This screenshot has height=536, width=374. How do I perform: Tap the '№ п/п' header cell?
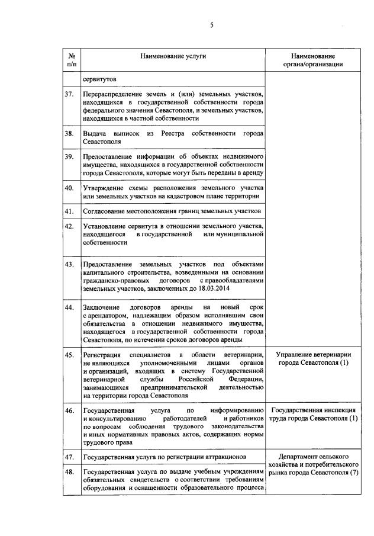click(71, 59)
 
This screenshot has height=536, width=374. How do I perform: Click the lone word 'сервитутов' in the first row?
click(99, 79)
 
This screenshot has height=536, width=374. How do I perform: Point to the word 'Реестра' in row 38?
click(172, 134)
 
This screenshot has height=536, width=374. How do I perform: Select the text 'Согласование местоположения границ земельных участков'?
click(172, 211)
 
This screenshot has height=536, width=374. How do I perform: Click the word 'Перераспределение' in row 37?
click(111, 94)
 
